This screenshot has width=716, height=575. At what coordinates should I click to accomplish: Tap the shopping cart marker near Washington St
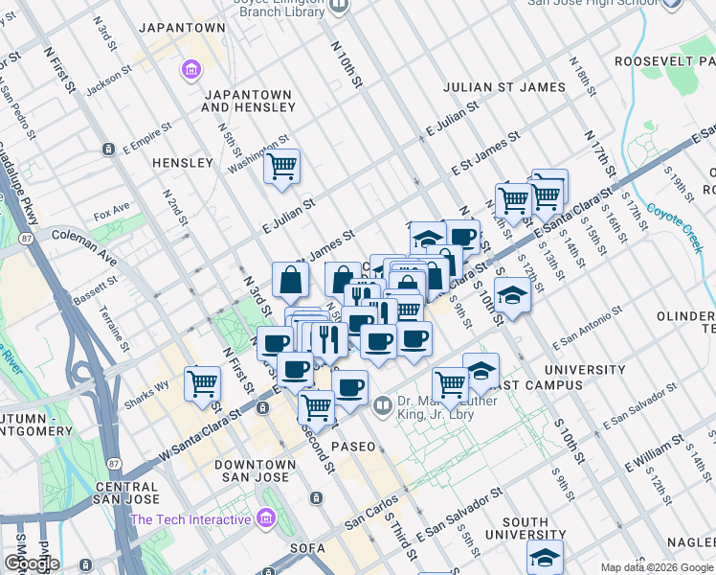[281, 167]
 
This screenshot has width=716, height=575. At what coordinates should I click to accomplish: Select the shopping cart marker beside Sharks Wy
[203, 383]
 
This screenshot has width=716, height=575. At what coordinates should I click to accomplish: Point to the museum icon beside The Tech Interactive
[266, 519]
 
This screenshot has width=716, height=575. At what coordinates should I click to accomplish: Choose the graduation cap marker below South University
[545, 558]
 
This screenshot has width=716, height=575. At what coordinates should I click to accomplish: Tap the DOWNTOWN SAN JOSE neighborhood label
[251, 471]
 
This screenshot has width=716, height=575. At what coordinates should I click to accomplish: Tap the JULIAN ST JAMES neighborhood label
[504, 87]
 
